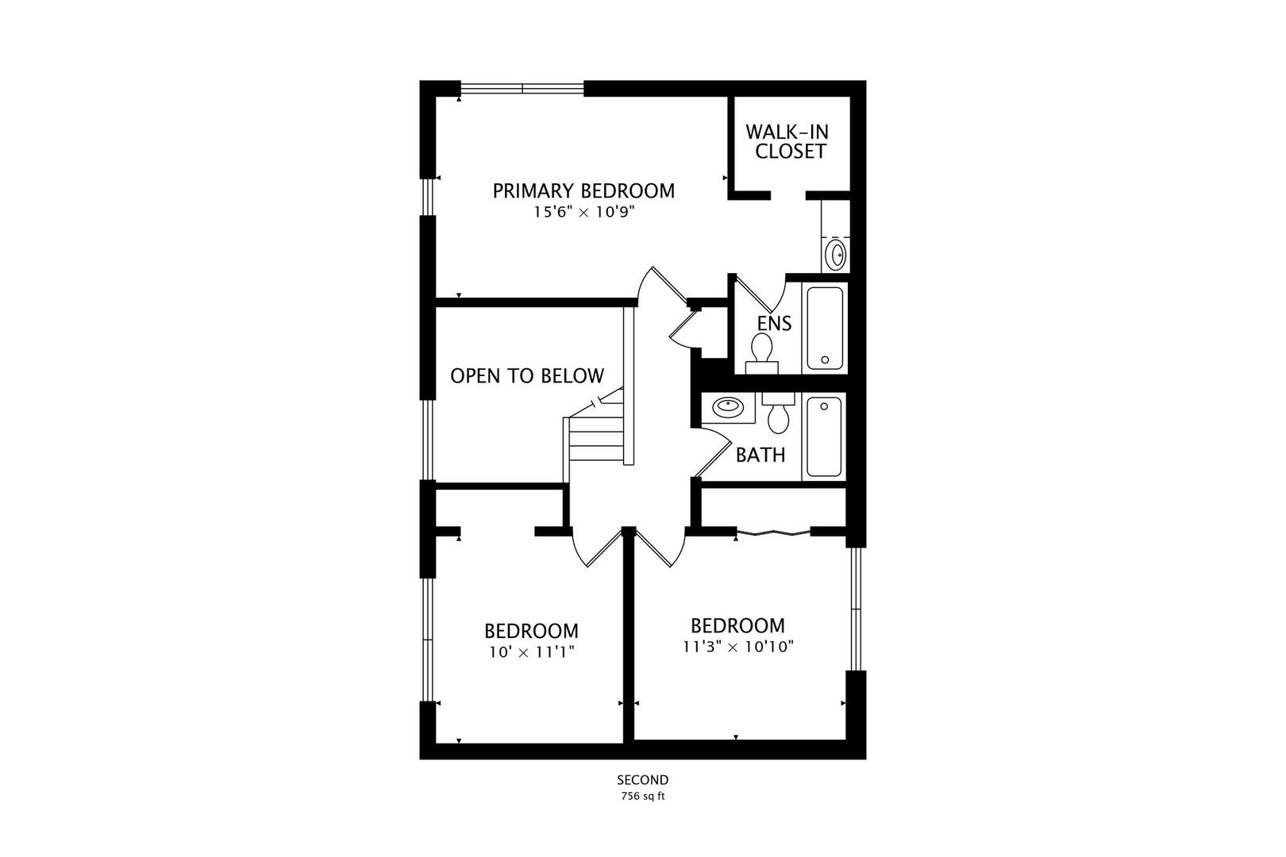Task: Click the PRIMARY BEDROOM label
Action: pos(583,191)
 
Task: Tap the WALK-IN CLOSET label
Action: pos(791,141)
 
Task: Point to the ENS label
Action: pos(773,324)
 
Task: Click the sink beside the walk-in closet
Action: pos(836,256)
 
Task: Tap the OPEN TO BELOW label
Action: pos(527,376)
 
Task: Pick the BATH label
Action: pos(760,455)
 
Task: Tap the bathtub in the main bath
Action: pos(825,436)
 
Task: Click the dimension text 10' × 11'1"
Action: pos(531,652)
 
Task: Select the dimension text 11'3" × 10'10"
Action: pos(738,647)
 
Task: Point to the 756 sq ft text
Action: pos(643,797)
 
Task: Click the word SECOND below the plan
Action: pos(643,780)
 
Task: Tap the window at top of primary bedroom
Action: pos(522,87)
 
